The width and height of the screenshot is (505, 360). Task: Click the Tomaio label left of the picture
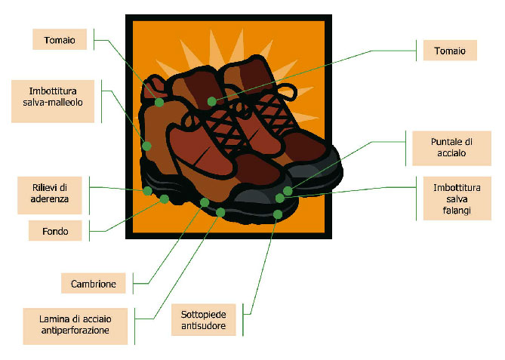pyautogui.click(x=60, y=39)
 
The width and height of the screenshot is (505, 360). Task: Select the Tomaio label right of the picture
pyautogui.click(x=450, y=51)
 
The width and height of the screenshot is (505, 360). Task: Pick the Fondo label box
pyautogui.click(x=55, y=230)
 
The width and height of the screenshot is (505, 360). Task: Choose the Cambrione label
pyautogui.click(x=94, y=283)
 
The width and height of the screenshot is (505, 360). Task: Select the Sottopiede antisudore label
pyautogui.click(x=204, y=320)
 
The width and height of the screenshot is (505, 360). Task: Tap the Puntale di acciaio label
pyautogui.click(x=452, y=148)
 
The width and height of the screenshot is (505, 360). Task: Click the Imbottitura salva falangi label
pyautogui.click(x=457, y=198)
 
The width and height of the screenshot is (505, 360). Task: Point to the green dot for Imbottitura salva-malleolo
pyautogui.click(x=147, y=146)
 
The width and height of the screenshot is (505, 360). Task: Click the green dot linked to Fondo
pyautogui.click(x=165, y=199)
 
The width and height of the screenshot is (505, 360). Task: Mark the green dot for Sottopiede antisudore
pyautogui.click(x=278, y=214)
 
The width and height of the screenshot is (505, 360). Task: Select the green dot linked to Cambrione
pyautogui.click(x=205, y=202)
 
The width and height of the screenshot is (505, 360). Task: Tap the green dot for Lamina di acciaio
pyautogui.click(x=220, y=212)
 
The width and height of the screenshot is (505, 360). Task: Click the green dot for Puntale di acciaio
pyautogui.click(x=288, y=191)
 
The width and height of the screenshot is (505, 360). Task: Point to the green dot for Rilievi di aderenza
pyautogui.click(x=147, y=191)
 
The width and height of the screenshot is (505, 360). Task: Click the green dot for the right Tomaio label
pyautogui.click(x=212, y=101)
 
